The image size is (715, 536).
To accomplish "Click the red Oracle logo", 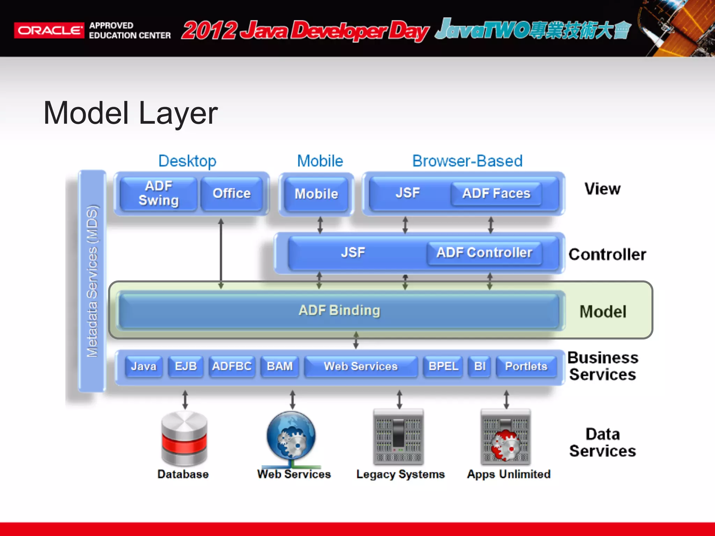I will pyautogui.click(x=49, y=30).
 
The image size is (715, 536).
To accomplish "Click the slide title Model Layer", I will pyautogui.click(x=131, y=113).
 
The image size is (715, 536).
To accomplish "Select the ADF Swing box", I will pyautogui.click(x=159, y=193).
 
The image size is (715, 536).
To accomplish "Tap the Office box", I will pyautogui.click(x=231, y=193).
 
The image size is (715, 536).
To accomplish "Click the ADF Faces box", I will pyautogui.click(x=496, y=193).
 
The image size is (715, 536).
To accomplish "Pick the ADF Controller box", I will pyautogui.click(x=484, y=253).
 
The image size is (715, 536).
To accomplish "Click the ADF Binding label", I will pyautogui.click(x=339, y=310).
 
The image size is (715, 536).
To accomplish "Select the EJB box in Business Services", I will pyautogui.click(x=186, y=366).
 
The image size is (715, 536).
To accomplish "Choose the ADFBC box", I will pyautogui.click(x=232, y=366).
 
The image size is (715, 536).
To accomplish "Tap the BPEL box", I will pyautogui.click(x=443, y=366).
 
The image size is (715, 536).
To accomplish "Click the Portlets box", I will pyautogui.click(x=526, y=366).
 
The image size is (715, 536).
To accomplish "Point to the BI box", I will pyautogui.click(x=480, y=366).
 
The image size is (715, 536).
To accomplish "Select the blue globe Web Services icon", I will pyautogui.click(x=291, y=436).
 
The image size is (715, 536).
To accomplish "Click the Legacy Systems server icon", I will pyautogui.click(x=398, y=437).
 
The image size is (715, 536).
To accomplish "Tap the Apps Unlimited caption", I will pyautogui.click(x=509, y=474).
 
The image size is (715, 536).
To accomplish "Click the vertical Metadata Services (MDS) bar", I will pyautogui.click(x=92, y=281).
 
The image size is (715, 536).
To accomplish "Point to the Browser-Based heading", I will pyautogui.click(x=467, y=161).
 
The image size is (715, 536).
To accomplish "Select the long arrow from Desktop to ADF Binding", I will pyautogui.click(x=221, y=253).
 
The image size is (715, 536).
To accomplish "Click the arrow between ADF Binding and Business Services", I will pyautogui.click(x=356, y=340).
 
